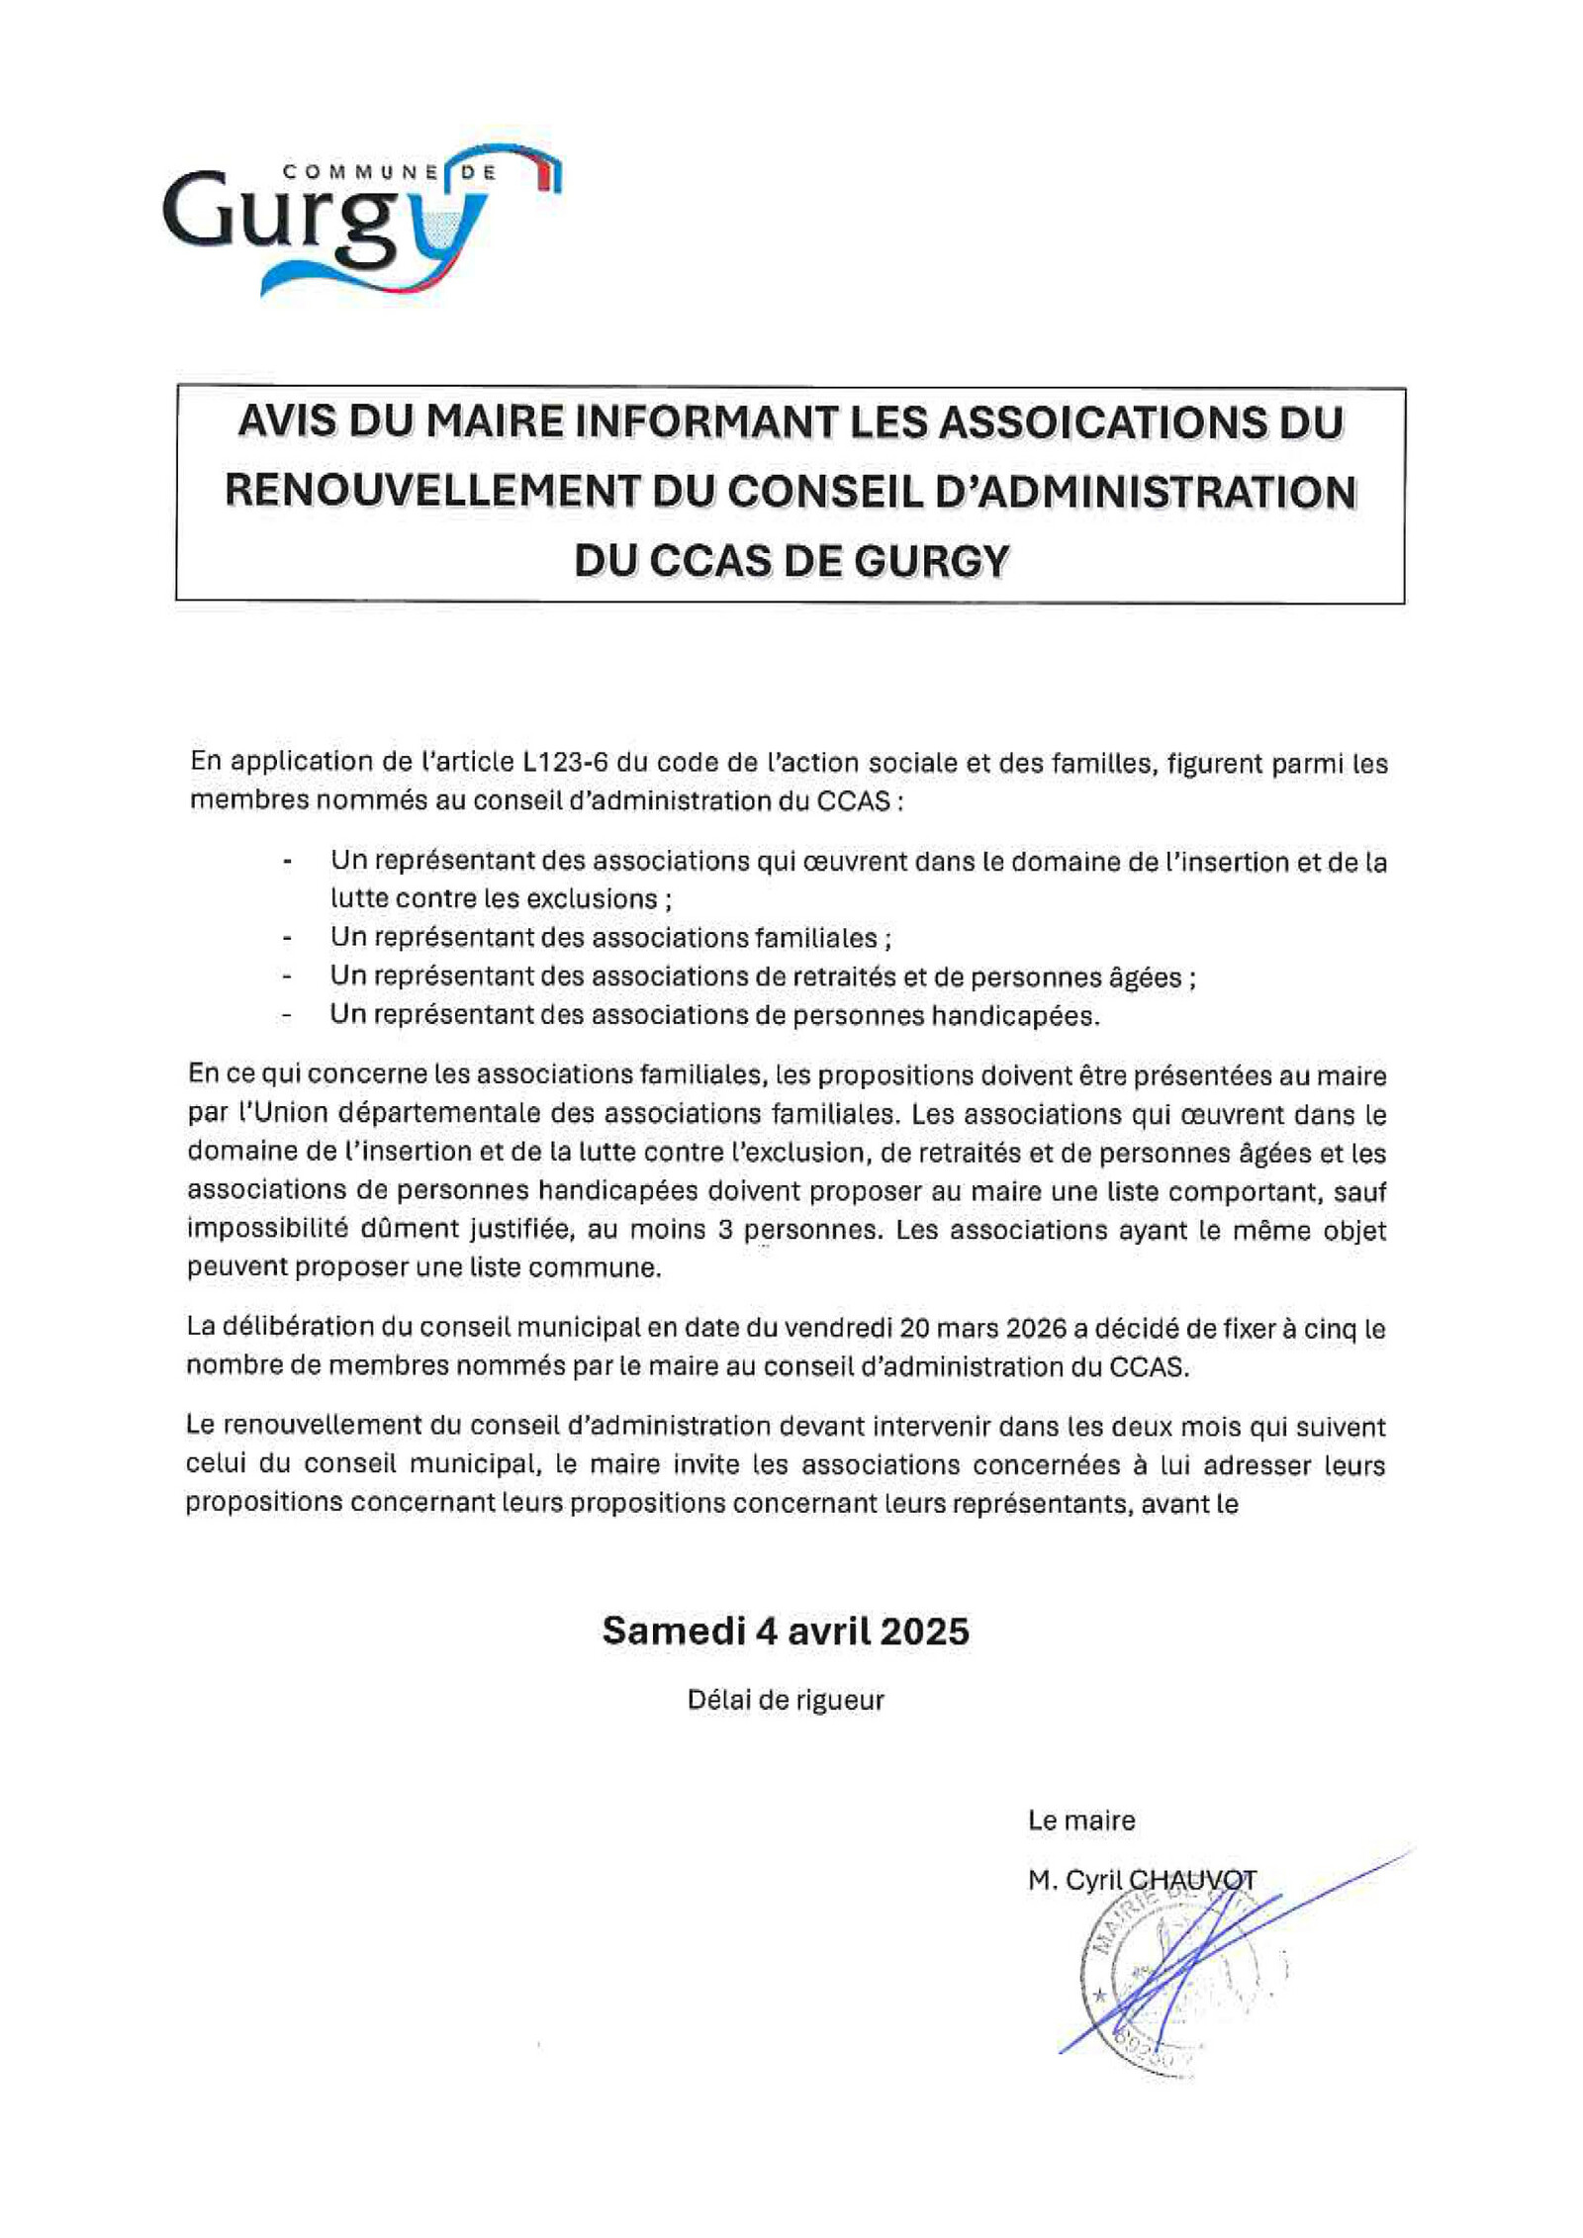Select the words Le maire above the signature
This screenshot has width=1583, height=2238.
click(x=1080, y=1819)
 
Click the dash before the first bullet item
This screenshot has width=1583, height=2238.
click(x=287, y=862)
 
